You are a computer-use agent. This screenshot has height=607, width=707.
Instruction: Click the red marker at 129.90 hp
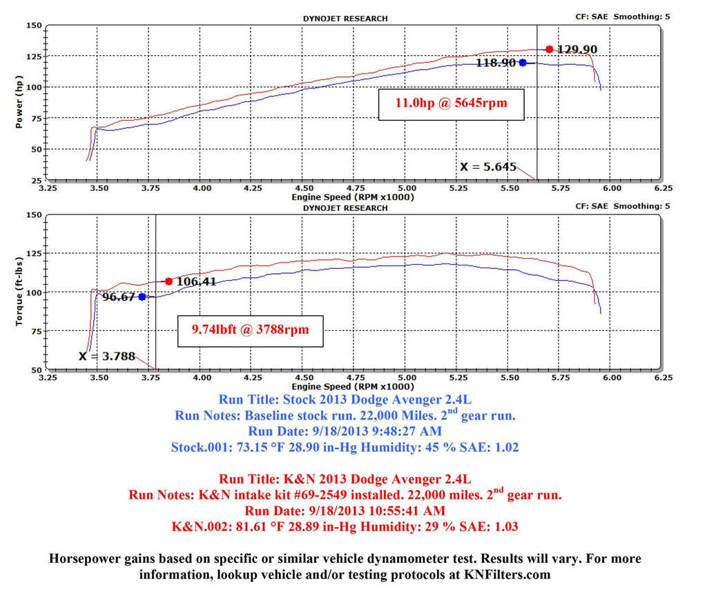[549, 49]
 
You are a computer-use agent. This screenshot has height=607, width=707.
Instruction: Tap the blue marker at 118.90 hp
[523, 62]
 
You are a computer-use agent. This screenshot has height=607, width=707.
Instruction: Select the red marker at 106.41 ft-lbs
[168, 281]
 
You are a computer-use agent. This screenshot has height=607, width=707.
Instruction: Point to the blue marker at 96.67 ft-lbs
[142, 297]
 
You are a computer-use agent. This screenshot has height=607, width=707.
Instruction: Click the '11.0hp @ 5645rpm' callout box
[448, 104]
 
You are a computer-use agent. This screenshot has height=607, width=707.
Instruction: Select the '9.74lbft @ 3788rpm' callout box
[250, 330]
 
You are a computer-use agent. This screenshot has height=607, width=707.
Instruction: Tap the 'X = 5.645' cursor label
[487, 166]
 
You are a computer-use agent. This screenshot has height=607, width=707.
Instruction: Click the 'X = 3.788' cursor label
[106, 357]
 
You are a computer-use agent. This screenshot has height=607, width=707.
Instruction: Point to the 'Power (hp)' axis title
[19, 103]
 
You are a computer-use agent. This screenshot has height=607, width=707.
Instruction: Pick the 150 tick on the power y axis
[32, 26]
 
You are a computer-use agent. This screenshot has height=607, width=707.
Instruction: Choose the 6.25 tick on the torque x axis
[663, 378]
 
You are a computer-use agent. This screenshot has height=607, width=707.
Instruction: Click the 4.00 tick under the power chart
[202, 187]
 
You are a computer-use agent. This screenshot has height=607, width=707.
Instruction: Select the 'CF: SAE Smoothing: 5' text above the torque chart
[622, 206]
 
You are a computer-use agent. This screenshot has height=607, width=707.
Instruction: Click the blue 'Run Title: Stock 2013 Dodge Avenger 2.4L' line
[345, 399]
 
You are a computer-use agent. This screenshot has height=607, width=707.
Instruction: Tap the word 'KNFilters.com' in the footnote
[512, 574]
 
